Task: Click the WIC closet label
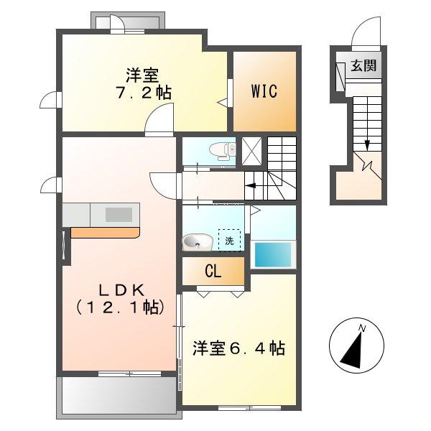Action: pyautogui.click(x=264, y=91)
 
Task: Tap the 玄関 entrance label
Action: pyautogui.click(x=363, y=66)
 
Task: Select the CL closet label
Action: pyautogui.click(x=213, y=272)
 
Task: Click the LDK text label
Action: pyautogui.click(x=121, y=289)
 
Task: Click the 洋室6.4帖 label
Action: pyautogui.click(x=238, y=349)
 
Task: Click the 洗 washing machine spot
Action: pyautogui.click(x=229, y=241)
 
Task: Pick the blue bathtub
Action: pyautogui.click(x=274, y=254)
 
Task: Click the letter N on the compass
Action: pyautogui.click(x=363, y=328)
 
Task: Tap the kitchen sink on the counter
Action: pyautogui.click(x=119, y=214)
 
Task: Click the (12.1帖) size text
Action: pyautogui.click(x=121, y=307)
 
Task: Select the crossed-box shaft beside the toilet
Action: pyautogui.click(x=251, y=151)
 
